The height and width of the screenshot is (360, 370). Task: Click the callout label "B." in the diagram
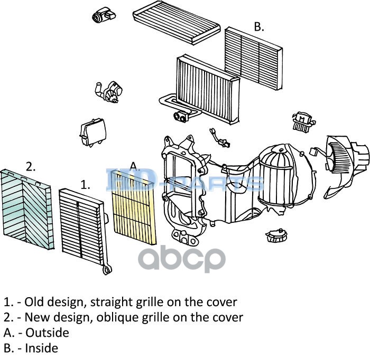point(258,27)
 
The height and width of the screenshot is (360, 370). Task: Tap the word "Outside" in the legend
point(47,333)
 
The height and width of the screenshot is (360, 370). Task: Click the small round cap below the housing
point(275,234)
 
